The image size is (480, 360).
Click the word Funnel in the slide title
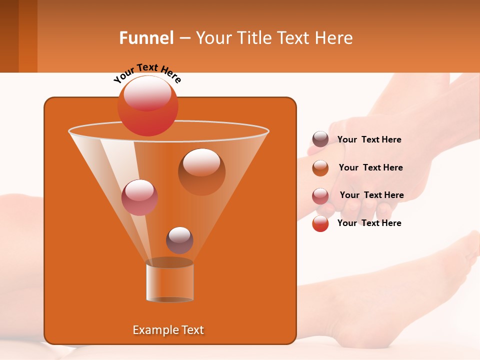click(146, 38)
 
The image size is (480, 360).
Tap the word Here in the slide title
click(334, 38)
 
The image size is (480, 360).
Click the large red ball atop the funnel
click(147, 105)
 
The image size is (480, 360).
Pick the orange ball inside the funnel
click(201, 171)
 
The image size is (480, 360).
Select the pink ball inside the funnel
click(139, 197)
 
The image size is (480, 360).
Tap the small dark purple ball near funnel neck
click(179, 240)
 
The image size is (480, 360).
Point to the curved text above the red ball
click(147, 72)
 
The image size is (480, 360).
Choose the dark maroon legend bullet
click(320, 139)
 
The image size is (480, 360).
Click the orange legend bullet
click(320, 168)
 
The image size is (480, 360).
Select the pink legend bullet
click(320, 196)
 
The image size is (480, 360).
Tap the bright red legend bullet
click(320, 224)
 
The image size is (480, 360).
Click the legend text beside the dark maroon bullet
click(369, 139)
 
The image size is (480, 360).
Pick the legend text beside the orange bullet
click(370, 167)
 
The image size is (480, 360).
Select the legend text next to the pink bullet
click(371, 195)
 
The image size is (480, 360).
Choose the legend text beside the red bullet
click(369, 223)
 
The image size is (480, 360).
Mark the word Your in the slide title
click(212, 38)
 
